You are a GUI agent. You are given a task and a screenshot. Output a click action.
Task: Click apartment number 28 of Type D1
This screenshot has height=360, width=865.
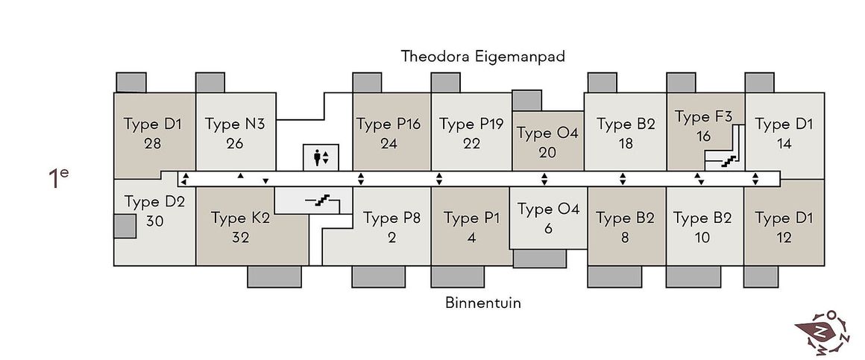[x=153, y=143]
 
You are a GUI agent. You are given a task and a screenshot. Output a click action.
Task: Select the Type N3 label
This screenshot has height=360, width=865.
[x=234, y=124]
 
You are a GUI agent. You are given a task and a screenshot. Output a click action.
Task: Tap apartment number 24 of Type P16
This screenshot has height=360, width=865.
[x=389, y=143]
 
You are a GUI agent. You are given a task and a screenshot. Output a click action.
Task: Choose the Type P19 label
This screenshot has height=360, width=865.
[x=471, y=124]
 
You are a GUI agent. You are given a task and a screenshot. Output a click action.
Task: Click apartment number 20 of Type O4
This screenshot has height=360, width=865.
[x=547, y=152]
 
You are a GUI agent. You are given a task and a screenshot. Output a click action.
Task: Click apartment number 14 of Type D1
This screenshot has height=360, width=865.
[x=784, y=143]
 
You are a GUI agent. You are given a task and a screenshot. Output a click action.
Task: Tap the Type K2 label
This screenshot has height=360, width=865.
[x=240, y=218]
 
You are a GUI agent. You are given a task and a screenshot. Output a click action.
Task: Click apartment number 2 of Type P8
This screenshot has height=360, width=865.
[x=391, y=238]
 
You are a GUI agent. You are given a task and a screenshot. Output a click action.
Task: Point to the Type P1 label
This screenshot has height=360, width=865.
[x=471, y=218]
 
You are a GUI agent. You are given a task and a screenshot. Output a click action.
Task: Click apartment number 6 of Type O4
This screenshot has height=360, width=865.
[x=548, y=228]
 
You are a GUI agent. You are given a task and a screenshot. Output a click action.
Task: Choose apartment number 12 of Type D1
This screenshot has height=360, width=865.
[x=784, y=238]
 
